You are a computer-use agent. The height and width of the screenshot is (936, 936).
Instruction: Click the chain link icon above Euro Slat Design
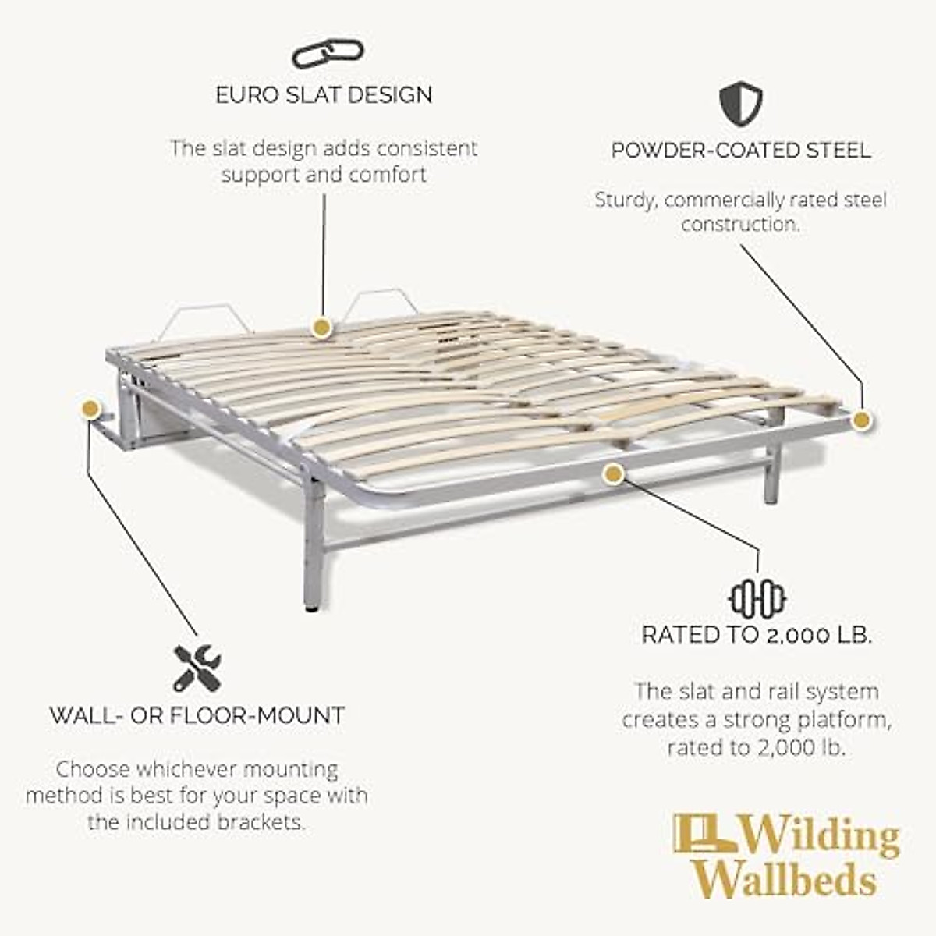pyautogui.click(x=328, y=54)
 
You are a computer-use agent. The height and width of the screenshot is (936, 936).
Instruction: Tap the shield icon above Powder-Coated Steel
pyautogui.click(x=740, y=105)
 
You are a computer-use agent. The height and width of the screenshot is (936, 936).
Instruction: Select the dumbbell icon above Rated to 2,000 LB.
pyautogui.click(x=757, y=599)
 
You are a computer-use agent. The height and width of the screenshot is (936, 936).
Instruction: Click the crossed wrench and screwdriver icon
pyautogui.click(x=197, y=668)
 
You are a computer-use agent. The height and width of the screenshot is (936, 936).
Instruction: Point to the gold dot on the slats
pyautogui.click(x=320, y=327)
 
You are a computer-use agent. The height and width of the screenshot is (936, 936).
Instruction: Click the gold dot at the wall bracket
pyautogui.click(x=90, y=408)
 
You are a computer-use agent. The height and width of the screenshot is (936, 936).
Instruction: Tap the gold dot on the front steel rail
pyautogui.click(x=614, y=473)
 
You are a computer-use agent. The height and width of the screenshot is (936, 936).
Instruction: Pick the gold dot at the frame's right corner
pyautogui.click(x=861, y=420)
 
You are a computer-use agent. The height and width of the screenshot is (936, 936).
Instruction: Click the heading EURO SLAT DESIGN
pyautogui.click(x=324, y=95)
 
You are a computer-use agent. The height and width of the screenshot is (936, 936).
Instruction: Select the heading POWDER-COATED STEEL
pyautogui.click(x=741, y=151)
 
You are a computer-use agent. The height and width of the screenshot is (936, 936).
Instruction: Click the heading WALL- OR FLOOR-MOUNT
pyautogui.click(x=197, y=715)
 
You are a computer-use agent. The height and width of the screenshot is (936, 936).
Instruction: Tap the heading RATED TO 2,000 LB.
pyautogui.click(x=757, y=635)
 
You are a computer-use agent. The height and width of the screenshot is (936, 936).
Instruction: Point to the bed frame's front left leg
pyautogui.click(x=314, y=546)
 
